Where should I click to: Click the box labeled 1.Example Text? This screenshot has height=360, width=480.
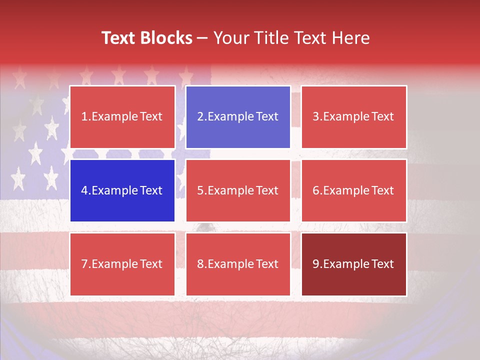pos(122,117)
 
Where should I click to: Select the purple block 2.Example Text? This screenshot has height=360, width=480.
pos(238,117)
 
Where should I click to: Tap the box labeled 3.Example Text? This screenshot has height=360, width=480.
pos(353,117)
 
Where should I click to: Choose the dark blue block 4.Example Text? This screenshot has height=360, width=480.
pos(122,190)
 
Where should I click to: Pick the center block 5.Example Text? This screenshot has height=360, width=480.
pos(238,190)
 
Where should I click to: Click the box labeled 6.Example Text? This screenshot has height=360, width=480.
pos(353,190)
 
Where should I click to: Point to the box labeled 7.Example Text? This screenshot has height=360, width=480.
pos(122,264)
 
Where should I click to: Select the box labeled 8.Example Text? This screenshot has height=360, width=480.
pos(238,264)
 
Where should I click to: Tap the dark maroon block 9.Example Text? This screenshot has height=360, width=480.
pos(353,264)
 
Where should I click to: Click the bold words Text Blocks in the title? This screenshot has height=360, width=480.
pos(147,38)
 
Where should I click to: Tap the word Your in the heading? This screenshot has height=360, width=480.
pos(229,38)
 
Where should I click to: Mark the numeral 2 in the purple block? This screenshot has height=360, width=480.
pos(200,117)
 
